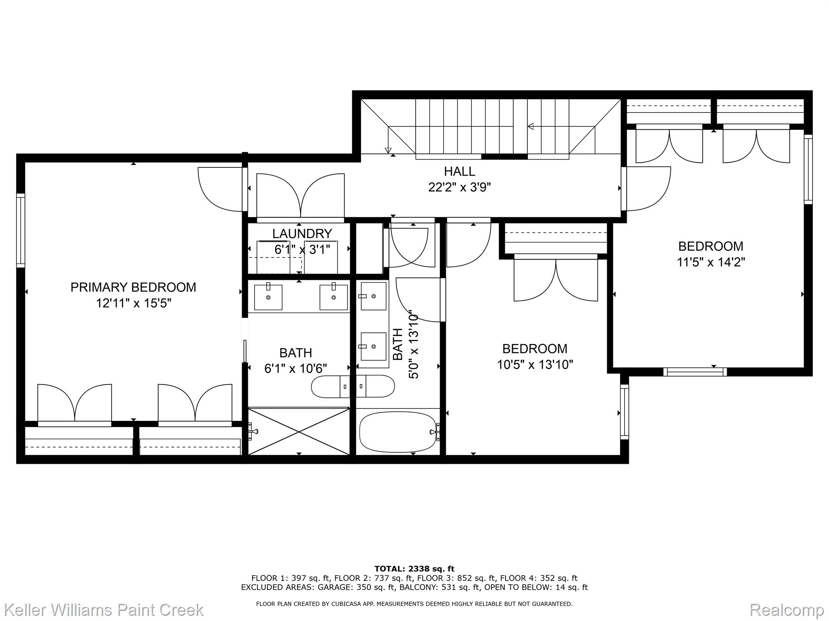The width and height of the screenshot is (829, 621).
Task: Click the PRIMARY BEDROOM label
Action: [x=133, y=287]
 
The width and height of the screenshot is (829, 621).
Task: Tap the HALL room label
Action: [x=459, y=171]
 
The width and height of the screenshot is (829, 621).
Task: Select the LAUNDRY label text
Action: [x=302, y=234]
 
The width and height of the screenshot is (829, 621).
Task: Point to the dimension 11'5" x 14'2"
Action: [x=711, y=262]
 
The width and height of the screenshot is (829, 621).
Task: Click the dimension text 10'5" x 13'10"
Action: [x=535, y=365]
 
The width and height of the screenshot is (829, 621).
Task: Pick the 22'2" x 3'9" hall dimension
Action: [x=459, y=188]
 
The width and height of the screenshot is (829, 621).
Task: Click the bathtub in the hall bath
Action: [x=398, y=432]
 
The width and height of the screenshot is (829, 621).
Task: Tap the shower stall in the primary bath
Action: [x=298, y=431]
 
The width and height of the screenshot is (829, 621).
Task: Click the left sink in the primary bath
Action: [x=268, y=297]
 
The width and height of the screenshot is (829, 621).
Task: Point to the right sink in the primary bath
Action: [x=334, y=297]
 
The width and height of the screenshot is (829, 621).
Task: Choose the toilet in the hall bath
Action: [x=375, y=387]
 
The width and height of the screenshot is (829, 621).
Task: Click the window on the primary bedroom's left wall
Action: [x=21, y=230]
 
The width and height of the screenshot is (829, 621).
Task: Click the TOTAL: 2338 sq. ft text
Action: [x=414, y=569]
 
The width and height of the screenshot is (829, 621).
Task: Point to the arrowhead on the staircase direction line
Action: [x=531, y=127]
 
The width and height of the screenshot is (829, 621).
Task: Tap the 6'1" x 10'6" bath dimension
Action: [x=295, y=369]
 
